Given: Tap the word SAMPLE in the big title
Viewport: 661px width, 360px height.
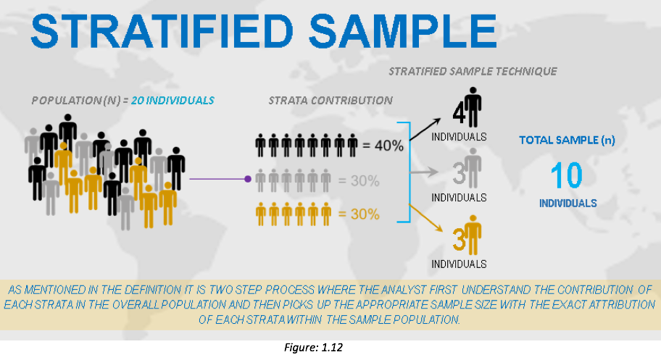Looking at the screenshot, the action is click(x=403, y=31).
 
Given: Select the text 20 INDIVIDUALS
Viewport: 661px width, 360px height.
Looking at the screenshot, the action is click(x=172, y=101).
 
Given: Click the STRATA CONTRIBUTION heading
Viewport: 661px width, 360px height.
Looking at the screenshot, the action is click(x=330, y=101).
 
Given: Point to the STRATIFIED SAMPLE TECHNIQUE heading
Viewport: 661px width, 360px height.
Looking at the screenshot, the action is click(x=473, y=71).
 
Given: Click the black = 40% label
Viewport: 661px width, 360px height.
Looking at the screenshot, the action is click(x=383, y=146).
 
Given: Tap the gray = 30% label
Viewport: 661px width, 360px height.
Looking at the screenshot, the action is click(x=359, y=181).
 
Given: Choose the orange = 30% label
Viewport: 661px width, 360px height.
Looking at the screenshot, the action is click(x=359, y=214).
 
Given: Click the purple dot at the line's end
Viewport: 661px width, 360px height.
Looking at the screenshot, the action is click(x=248, y=179).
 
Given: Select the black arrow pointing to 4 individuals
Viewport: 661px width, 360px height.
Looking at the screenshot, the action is click(x=425, y=130).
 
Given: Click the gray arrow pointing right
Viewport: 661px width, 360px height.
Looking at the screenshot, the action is click(x=424, y=172).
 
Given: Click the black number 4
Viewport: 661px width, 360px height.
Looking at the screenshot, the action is click(x=459, y=113).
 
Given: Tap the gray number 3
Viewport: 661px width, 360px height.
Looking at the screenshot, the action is click(x=459, y=173).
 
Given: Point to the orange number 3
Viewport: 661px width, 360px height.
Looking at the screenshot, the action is click(x=459, y=239).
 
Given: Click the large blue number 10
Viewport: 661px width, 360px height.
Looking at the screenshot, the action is click(x=567, y=175).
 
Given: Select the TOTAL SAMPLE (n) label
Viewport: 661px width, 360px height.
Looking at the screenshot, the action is click(x=567, y=140).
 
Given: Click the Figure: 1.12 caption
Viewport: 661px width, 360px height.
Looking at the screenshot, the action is click(x=313, y=348).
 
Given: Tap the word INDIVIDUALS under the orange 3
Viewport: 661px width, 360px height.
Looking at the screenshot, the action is click(x=459, y=264).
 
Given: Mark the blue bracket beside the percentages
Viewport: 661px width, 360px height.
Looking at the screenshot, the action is click(x=410, y=172).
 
